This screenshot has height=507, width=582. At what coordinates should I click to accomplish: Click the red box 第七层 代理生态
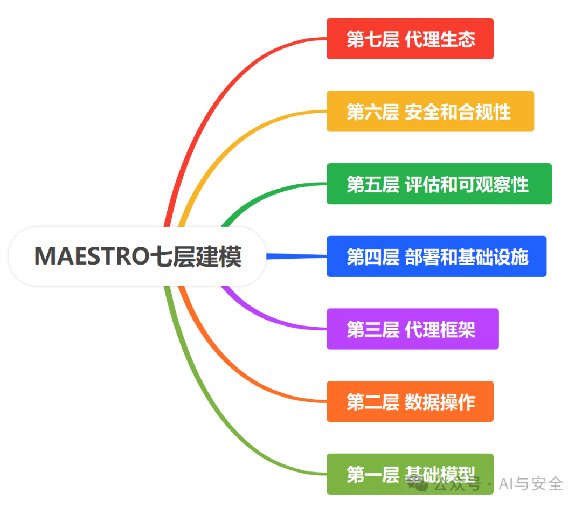(x=410, y=39)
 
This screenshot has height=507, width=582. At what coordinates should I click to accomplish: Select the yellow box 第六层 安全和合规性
(x=430, y=111)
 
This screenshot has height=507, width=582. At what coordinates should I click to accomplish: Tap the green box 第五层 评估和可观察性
(x=439, y=184)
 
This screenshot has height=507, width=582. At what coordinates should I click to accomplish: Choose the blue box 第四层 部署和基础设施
(x=436, y=256)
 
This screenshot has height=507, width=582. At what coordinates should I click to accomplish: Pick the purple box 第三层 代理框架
(x=412, y=329)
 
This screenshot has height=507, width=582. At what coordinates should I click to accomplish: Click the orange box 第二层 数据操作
(x=410, y=401)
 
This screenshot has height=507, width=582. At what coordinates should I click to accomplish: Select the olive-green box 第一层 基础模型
(x=410, y=474)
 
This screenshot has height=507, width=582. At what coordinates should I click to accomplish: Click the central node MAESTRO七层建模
(x=137, y=256)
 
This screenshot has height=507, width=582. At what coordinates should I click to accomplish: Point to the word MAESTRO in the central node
(x=92, y=256)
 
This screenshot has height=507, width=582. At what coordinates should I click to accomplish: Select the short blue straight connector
(x=296, y=256)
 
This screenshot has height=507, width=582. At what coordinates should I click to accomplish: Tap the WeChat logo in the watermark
(x=417, y=484)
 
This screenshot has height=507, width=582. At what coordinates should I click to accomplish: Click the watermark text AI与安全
(x=531, y=484)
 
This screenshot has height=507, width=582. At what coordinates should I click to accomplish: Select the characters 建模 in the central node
(x=219, y=256)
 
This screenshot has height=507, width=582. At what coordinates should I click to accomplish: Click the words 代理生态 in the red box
(x=440, y=39)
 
